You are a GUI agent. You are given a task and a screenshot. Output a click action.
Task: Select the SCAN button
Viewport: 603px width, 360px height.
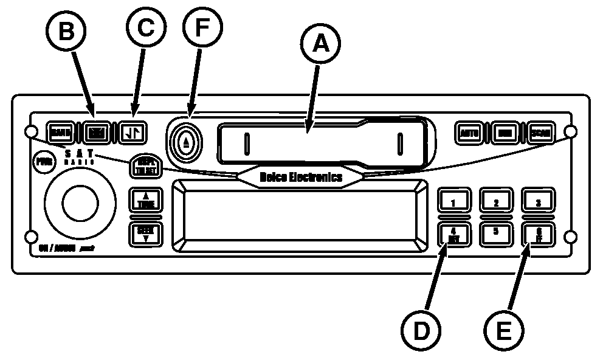pos(540,132)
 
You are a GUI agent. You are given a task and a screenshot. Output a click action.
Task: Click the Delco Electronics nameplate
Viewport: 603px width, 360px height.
pos(301,177)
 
